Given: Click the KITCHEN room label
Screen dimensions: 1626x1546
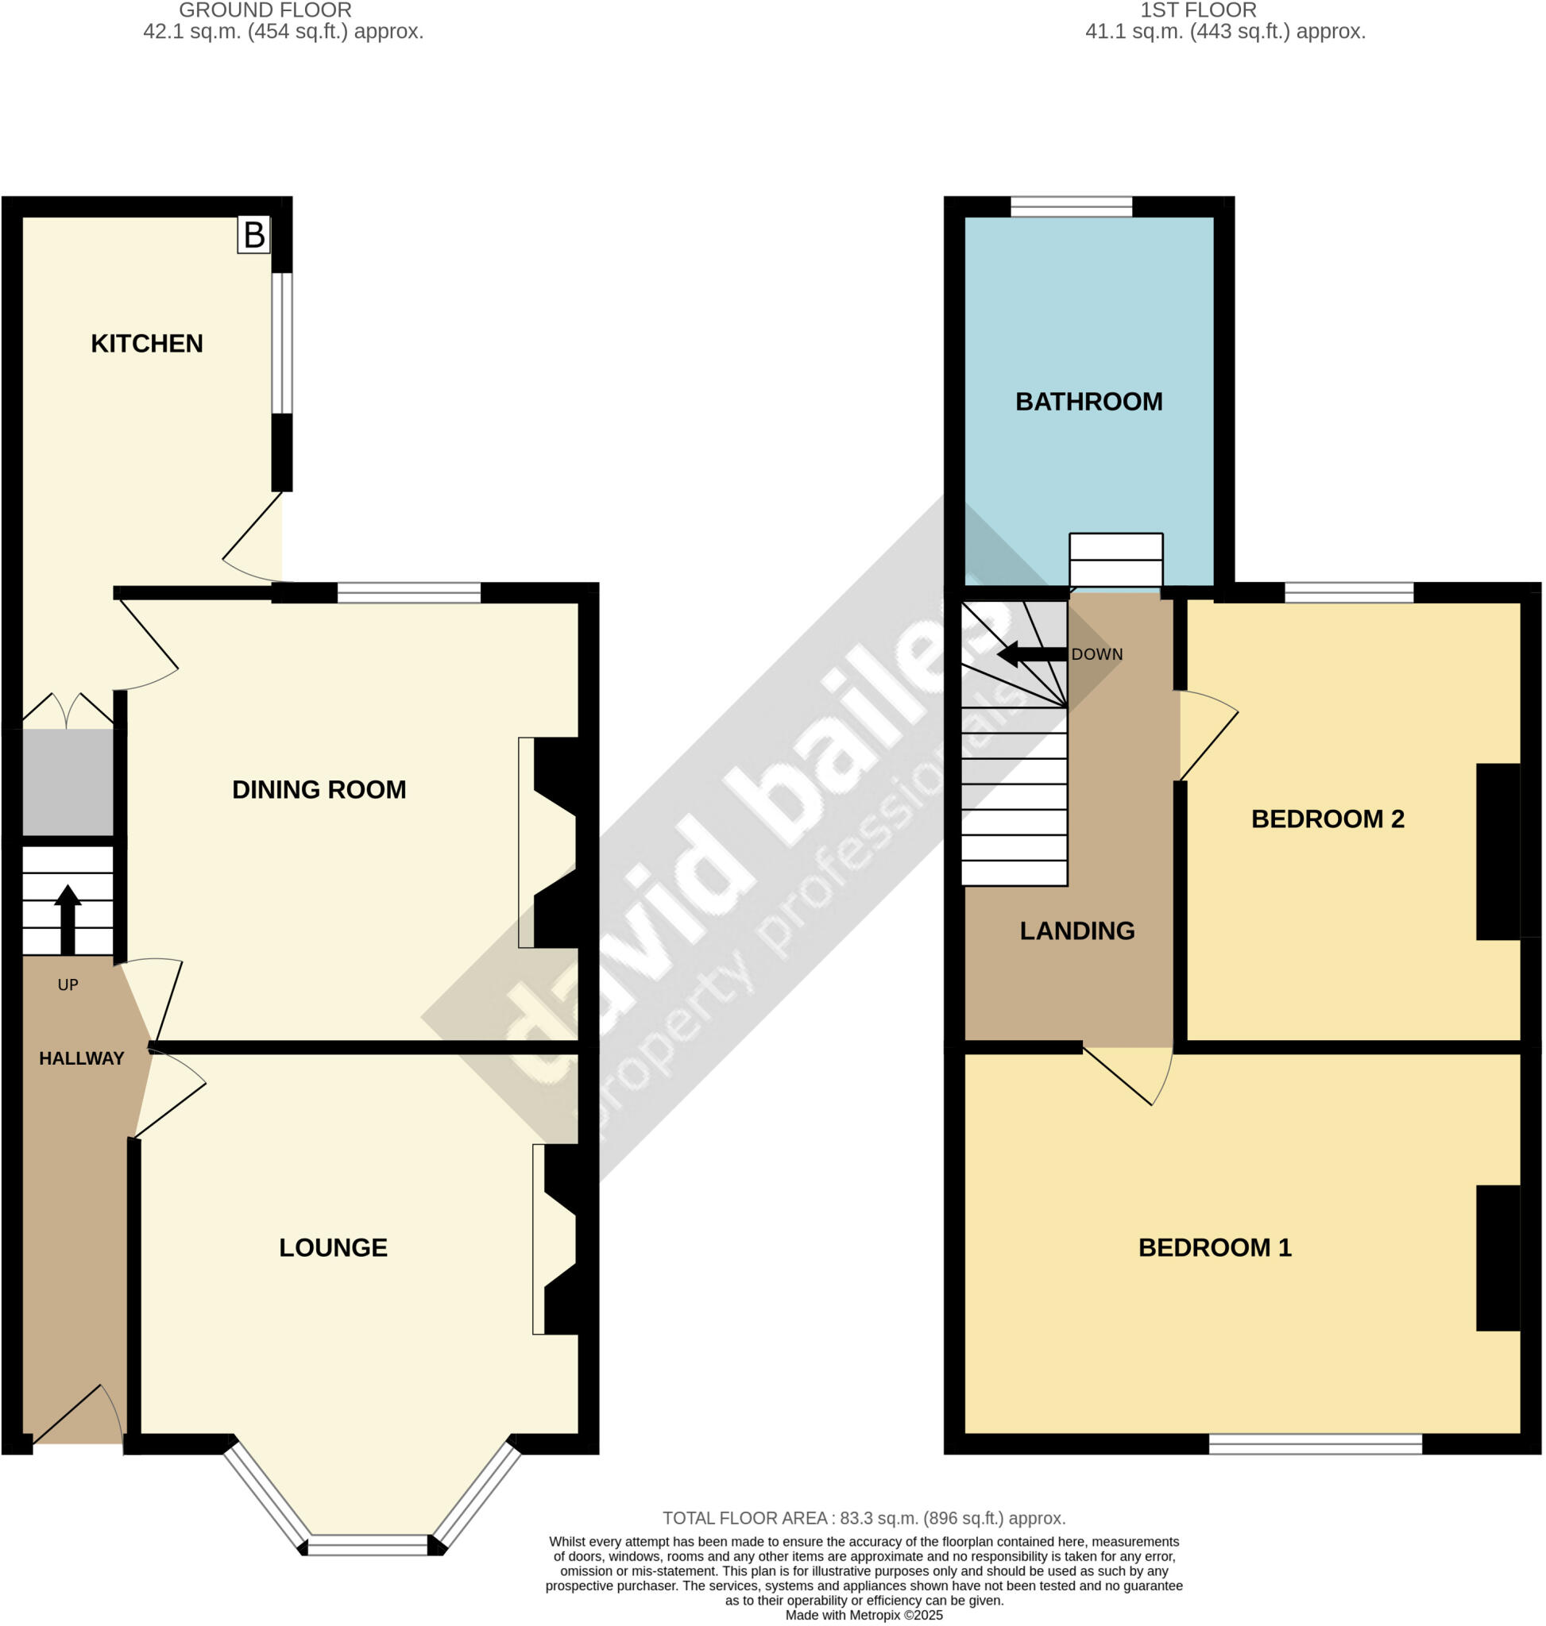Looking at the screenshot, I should click(147, 344).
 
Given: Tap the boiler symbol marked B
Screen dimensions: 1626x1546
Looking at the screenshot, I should click(253, 235).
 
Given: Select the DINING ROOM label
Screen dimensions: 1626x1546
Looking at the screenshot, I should click(319, 790).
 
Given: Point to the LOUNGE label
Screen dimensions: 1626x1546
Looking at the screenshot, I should click(333, 1248).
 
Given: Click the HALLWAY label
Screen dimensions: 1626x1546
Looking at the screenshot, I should click(82, 1058).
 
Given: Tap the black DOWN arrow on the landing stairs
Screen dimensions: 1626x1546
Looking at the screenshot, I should click(1031, 655).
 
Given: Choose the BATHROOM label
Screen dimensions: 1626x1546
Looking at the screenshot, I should click(1088, 402).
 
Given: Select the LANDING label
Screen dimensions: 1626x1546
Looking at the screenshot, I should click(1077, 931).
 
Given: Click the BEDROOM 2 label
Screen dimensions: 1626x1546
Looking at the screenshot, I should click(1328, 819).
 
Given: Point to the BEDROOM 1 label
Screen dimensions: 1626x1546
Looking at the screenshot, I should click(1215, 1248).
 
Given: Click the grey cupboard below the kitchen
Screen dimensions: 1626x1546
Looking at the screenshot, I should click(68, 783).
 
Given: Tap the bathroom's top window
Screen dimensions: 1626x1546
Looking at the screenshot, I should click(1072, 206).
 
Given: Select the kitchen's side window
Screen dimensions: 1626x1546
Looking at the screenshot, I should click(282, 343).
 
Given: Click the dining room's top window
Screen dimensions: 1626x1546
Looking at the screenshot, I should click(409, 593).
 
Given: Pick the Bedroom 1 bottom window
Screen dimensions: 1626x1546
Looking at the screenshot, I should click(1316, 1444).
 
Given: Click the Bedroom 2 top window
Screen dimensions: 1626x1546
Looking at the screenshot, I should click(1349, 593).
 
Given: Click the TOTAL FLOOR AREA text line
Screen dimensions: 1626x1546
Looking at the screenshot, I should click(864, 1518).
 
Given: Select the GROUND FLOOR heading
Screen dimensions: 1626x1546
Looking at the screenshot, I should click(265, 10).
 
